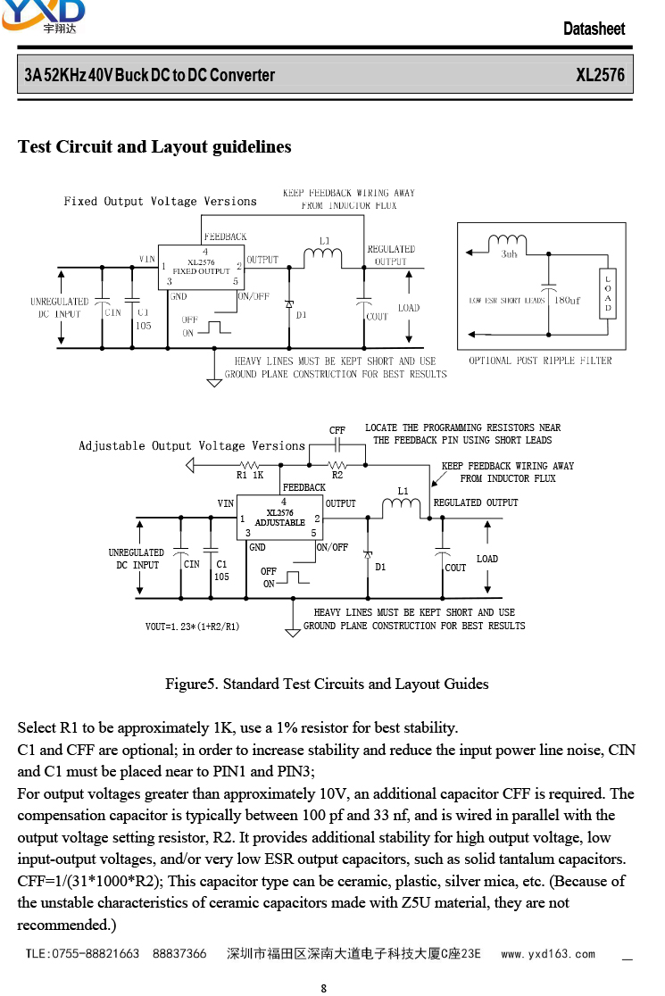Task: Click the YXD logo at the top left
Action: (x=43, y=15)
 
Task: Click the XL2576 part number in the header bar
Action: (x=600, y=75)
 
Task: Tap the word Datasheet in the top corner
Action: (x=594, y=29)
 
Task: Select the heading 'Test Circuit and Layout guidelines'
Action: (x=154, y=146)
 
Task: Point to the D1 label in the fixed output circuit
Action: (x=301, y=314)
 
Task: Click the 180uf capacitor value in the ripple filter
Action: (x=567, y=301)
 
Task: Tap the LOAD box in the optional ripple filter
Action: (x=608, y=294)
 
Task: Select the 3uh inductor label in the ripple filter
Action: (x=509, y=254)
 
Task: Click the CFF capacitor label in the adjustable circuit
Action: (x=337, y=430)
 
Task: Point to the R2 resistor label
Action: (x=337, y=475)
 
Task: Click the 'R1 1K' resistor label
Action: (x=250, y=475)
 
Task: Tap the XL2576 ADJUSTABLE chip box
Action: (x=280, y=518)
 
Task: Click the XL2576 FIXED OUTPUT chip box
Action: (x=201, y=268)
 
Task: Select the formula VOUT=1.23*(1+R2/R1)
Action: (x=193, y=627)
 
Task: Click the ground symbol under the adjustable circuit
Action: (x=293, y=633)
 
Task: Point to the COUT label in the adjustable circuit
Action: (x=455, y=568)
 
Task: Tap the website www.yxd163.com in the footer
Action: (x=548, y=954)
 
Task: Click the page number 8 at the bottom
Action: (x=324, y=988)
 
